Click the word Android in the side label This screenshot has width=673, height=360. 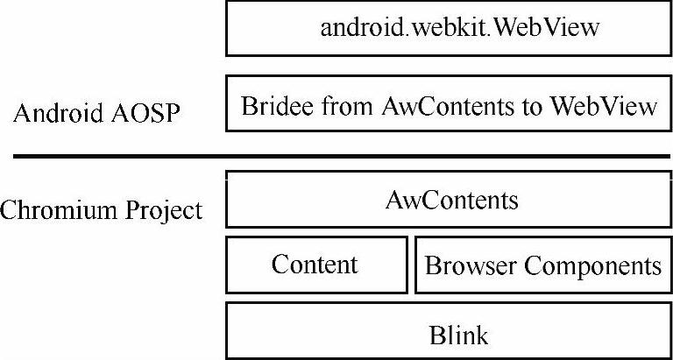(x=53, y=114)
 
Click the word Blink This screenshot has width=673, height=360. (x=458, y=335)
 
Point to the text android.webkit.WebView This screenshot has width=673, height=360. (x=459, y=27)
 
